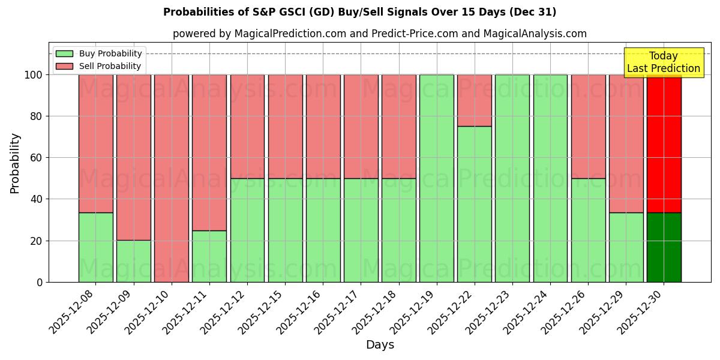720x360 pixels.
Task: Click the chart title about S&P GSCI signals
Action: (359, 12)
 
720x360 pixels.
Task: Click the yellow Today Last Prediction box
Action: (663, 62)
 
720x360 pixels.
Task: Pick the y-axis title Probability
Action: (15, 163)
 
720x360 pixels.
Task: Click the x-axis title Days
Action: (380, 345)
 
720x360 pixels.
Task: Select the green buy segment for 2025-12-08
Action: (95, 247)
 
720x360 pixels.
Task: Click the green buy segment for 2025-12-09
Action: (133, 261)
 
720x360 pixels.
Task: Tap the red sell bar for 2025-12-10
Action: (172, 178)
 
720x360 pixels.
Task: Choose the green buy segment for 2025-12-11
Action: (209, 256)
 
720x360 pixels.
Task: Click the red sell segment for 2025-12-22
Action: (475, 100)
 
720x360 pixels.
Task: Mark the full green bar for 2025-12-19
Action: (437, 178)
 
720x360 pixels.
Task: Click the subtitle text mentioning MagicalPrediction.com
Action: (380, 34)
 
